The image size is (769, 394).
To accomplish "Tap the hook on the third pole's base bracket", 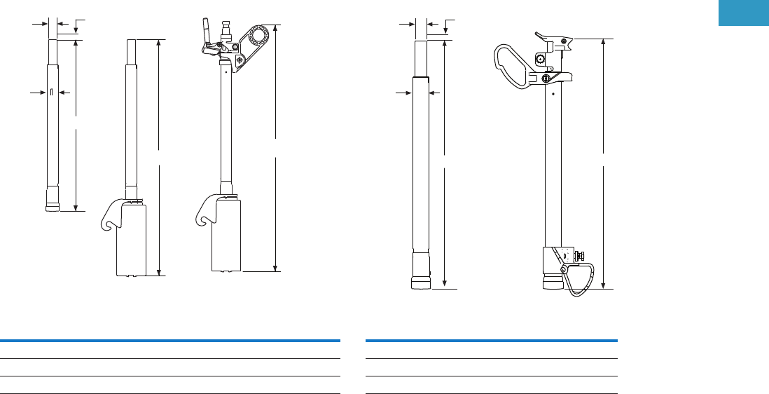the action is pos(204,216).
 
